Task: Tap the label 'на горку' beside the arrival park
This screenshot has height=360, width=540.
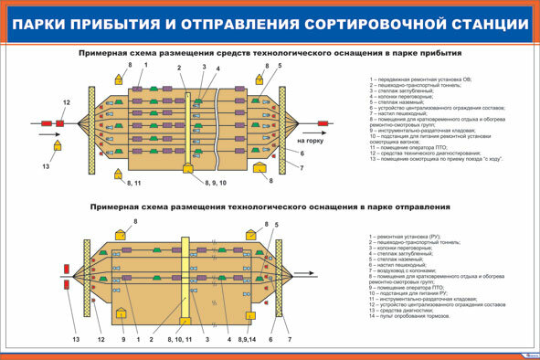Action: pos(311,142)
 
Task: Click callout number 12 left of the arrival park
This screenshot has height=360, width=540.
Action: pos(66,101)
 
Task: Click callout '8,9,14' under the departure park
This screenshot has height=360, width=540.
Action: pos(246,340)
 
